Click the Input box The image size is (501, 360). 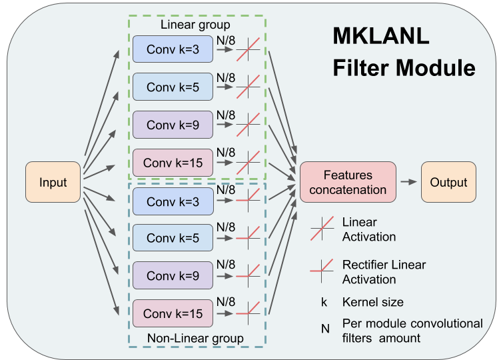53,182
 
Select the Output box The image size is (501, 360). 448,182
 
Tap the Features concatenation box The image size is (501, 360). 347,182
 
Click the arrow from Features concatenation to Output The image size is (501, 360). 408,182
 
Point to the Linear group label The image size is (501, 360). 195,25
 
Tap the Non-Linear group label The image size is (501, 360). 195,338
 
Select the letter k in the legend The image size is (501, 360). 324,302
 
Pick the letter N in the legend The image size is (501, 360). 324,323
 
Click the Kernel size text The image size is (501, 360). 372,302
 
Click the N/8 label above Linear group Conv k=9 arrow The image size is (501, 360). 226,115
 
